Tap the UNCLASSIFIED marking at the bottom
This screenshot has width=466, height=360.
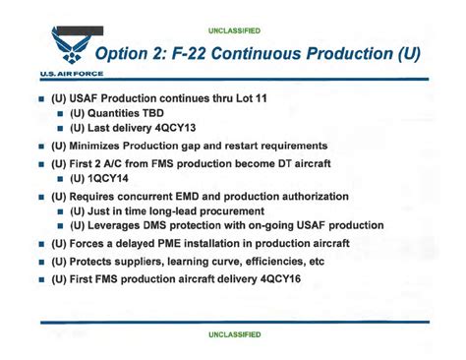click(x=234, y=334)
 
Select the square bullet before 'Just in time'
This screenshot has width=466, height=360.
click(x=61, y=211)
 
